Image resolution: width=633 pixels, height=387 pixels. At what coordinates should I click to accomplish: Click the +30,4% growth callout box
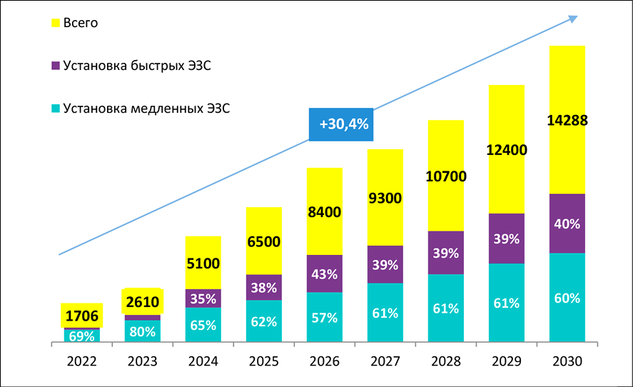[x=343, y=124]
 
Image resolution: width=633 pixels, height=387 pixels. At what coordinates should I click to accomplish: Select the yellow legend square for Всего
[x=56, y=23]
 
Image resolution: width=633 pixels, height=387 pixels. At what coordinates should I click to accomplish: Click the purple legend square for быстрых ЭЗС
[x=56, y=66]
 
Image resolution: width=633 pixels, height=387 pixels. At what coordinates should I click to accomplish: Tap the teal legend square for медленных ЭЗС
[x=56, y=109]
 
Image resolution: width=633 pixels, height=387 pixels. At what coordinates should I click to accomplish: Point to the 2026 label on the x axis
[x=324, y=361]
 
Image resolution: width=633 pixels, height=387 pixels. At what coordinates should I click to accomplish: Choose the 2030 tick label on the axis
[x=567, y=361]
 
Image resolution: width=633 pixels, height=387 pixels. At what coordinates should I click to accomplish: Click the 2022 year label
[x=81, y=361]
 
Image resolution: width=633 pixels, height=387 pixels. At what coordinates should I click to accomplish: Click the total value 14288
[x=567, y=121]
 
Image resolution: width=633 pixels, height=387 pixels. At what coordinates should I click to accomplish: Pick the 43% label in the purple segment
[x=324, y=274]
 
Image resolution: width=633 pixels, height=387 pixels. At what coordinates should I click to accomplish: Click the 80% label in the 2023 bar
[x=142, y=332]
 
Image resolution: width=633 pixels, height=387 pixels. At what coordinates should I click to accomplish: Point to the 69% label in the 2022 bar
[x=81, y=335]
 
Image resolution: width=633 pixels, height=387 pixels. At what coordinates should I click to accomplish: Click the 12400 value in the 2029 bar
[x=506, y=151]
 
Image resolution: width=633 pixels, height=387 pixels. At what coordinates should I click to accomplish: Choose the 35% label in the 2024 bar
[x=203, y=298]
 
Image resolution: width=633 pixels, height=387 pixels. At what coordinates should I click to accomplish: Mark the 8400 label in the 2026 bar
[x=324, y=212]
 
